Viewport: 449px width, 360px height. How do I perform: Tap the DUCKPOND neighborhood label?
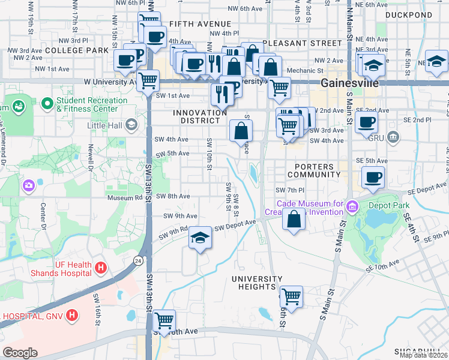pos(408,14)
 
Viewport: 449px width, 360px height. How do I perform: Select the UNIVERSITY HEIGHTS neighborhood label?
pos(257,283)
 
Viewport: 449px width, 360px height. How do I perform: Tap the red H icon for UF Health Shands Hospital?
pos(101,266)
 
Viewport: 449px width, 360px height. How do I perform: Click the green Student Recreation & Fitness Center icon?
pos(47,104)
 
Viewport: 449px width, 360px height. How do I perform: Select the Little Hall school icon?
pos(131,125)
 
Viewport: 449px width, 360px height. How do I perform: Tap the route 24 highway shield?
pos(137,260)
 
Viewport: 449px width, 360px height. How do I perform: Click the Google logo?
pos(20,352)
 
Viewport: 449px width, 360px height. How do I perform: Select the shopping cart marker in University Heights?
pos(291,296)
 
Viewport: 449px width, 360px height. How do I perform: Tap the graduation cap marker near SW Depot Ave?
pos(200,238)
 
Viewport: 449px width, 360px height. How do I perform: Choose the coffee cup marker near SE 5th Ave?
pos(373,177)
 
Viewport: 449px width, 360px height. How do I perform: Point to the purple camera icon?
pos(28,186)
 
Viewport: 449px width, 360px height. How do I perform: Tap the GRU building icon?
pos(393,137)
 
